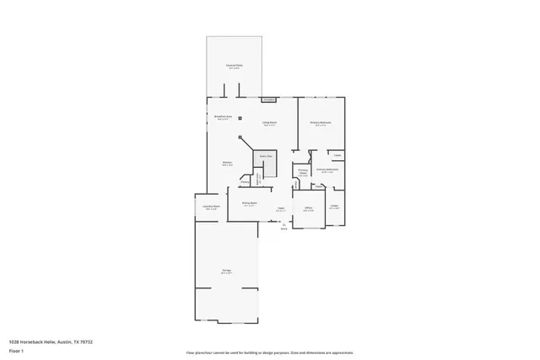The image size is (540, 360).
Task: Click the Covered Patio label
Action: pos(234,66)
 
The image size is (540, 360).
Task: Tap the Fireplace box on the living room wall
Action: pos(268,99)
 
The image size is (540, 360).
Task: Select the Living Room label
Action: pos(269,124)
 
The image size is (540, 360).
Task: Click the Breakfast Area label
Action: pos(224,118)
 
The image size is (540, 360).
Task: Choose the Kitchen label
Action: pos(227,164)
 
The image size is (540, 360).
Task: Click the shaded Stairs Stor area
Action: pos(265,157)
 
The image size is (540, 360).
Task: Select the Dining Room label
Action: pos(249,203)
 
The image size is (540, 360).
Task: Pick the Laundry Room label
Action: pos(211,207)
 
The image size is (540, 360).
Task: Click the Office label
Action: pos(309,208)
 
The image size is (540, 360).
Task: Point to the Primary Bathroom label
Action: pos(327,170)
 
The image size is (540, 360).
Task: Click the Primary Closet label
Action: pos(302,175)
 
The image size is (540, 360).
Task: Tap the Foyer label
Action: pos(281,209)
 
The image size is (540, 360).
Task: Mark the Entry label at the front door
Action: pos(283,227)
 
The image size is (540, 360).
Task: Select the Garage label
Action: pos(226,271)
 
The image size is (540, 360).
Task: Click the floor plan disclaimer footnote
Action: pos(269,352)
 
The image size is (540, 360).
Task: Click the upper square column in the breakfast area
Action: pos(240,117)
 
